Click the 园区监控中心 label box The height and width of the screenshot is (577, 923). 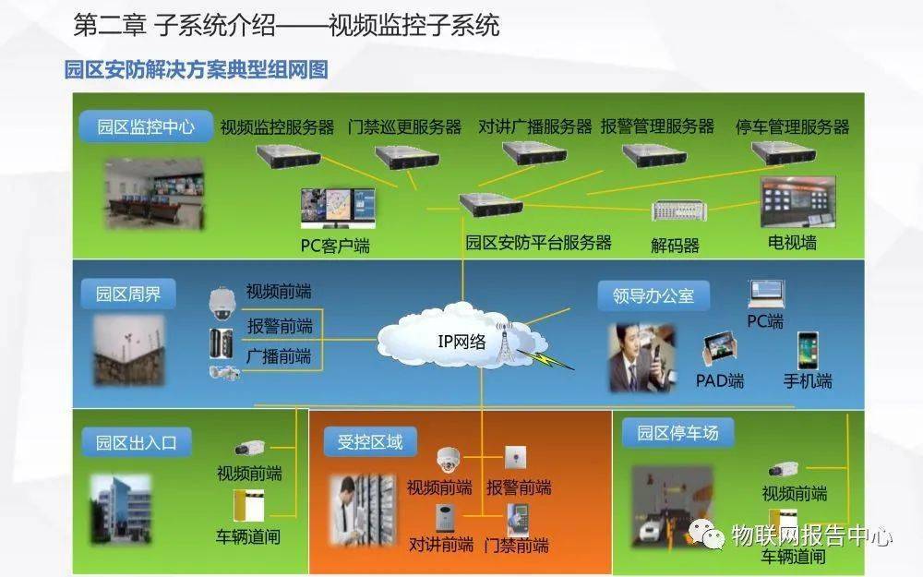146,126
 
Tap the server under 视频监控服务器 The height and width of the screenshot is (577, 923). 288,156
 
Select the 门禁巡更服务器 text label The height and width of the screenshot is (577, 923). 404,127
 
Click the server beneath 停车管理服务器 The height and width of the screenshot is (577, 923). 784,152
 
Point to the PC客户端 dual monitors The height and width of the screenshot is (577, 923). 338,208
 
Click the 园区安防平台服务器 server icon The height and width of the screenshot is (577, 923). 492,204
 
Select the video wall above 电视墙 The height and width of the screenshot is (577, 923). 798,202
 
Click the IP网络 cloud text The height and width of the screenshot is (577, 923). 461,342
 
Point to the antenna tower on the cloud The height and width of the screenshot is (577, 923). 505,343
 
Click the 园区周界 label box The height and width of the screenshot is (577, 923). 128,294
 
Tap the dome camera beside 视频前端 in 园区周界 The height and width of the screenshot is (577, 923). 222,303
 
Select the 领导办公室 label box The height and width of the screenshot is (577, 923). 653,295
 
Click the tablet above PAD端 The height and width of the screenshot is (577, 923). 719,349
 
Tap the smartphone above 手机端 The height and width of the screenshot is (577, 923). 808,351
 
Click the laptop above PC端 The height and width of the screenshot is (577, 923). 766,295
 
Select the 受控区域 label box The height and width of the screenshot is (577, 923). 370,442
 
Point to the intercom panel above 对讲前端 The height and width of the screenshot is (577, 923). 445,519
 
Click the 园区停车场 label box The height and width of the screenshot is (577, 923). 678,433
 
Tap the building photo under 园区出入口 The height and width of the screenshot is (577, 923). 121,510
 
